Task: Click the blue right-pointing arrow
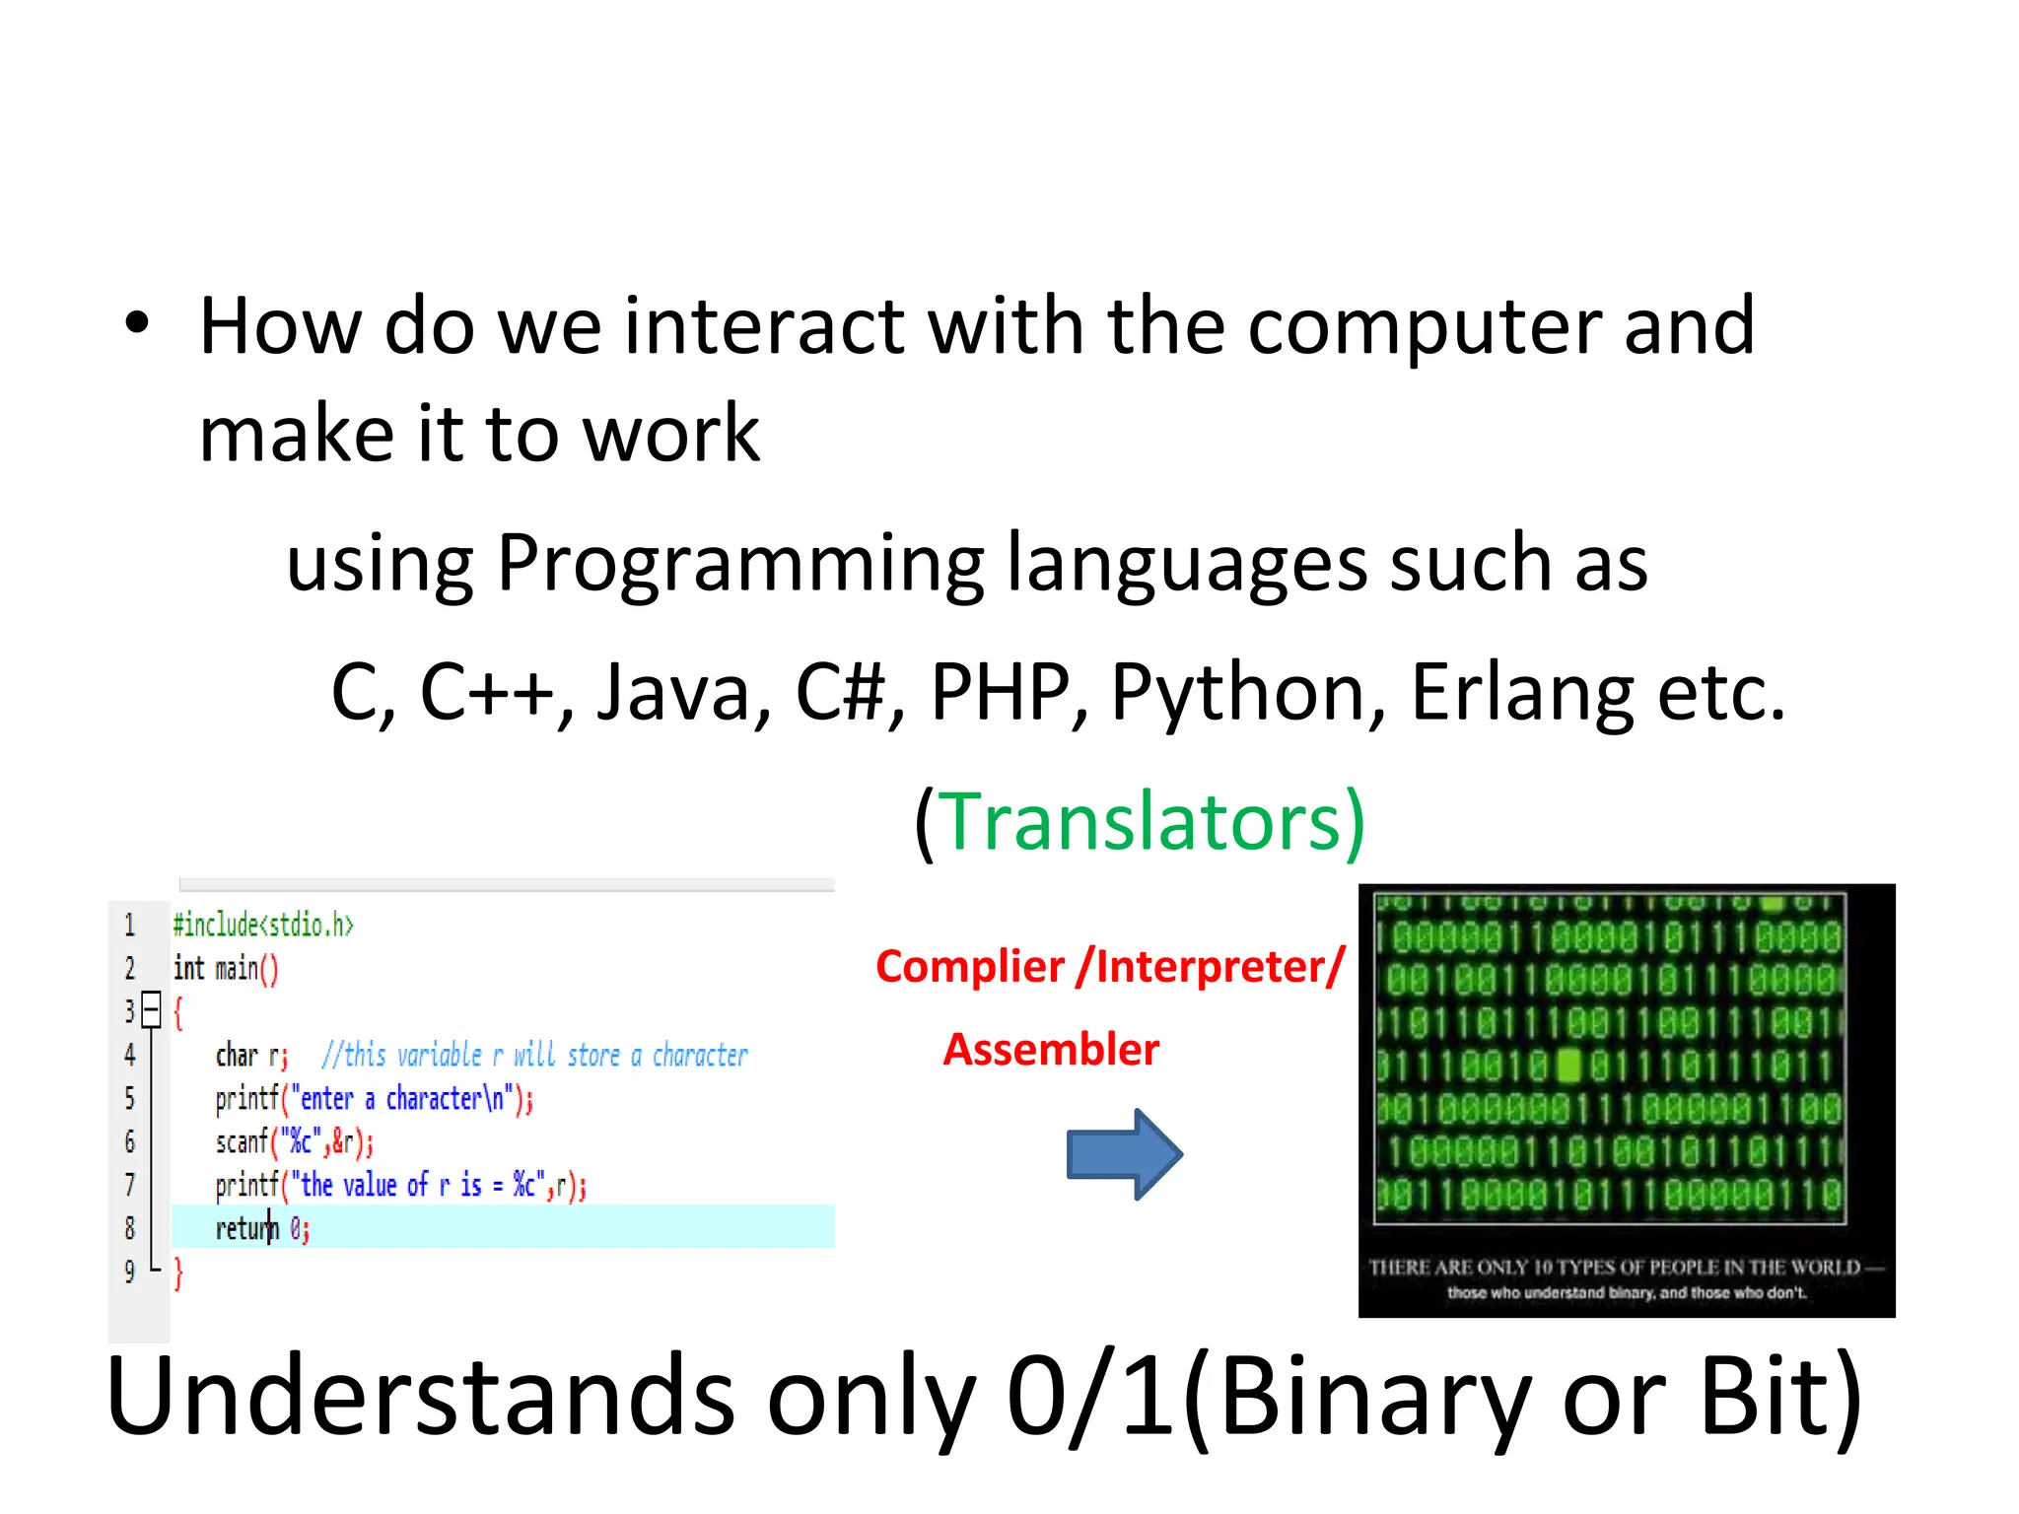1124,1153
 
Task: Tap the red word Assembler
1051,1050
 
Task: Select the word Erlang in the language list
1523,692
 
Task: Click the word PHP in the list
1000,692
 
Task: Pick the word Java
674,692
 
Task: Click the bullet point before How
137,323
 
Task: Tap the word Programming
740,564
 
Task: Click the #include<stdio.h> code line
262,926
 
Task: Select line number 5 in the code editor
129,1098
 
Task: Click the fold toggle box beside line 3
151,1008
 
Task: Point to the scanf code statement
294,1142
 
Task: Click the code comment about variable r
534,1056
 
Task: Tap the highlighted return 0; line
262,1229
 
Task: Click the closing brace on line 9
178,1273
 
